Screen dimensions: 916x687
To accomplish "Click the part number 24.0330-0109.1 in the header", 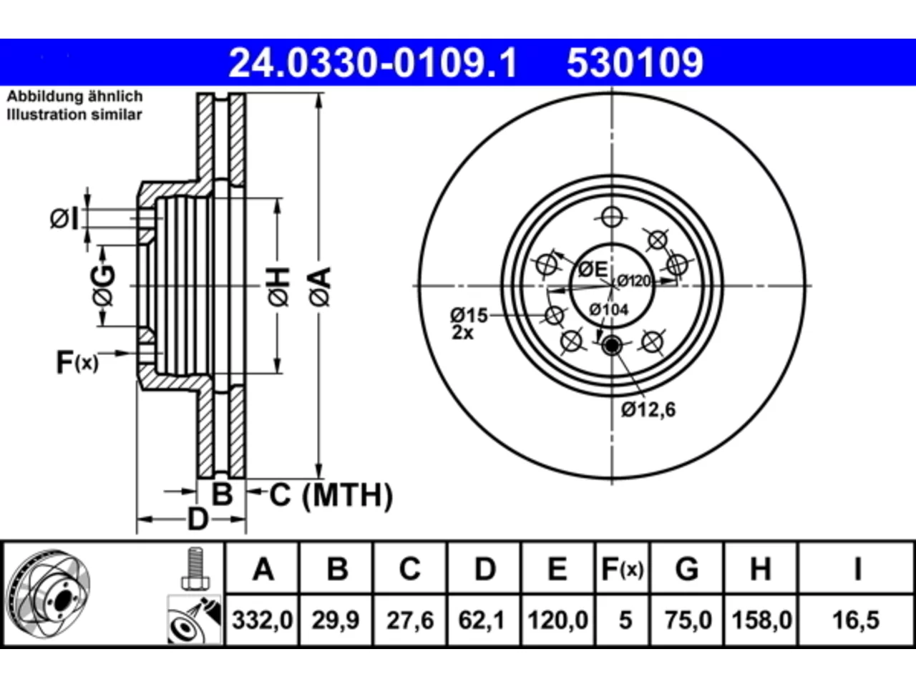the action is point(373,63).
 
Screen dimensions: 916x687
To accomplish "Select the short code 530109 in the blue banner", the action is point(635,63).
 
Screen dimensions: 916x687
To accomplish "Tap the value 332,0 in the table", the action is point(262,620).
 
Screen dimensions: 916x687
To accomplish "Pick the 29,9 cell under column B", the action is point(335,620).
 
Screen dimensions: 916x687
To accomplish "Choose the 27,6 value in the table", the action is point(410,620).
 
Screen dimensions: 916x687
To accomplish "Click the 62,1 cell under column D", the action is point(482,620).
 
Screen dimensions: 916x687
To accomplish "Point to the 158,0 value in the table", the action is point(761,620).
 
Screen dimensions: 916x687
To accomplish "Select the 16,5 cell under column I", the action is point(855,620).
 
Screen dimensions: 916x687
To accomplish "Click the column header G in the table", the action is point(687,570).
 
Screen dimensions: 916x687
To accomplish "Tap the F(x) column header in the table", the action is point(622,570).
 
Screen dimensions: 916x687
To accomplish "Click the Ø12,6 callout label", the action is point(648,409).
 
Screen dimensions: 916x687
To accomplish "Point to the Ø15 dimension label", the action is point(469,316).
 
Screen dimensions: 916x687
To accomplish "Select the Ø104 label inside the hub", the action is point(608,309).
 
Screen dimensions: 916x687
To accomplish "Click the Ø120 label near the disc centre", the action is point(633,281).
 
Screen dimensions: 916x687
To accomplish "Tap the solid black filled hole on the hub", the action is point(612,346).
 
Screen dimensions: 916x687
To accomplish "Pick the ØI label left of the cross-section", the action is point(64,218).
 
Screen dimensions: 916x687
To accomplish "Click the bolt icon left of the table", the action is point(195,568).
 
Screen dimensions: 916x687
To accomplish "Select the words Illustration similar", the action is point(74,114).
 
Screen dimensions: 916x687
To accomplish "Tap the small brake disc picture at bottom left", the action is point(49,594).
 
